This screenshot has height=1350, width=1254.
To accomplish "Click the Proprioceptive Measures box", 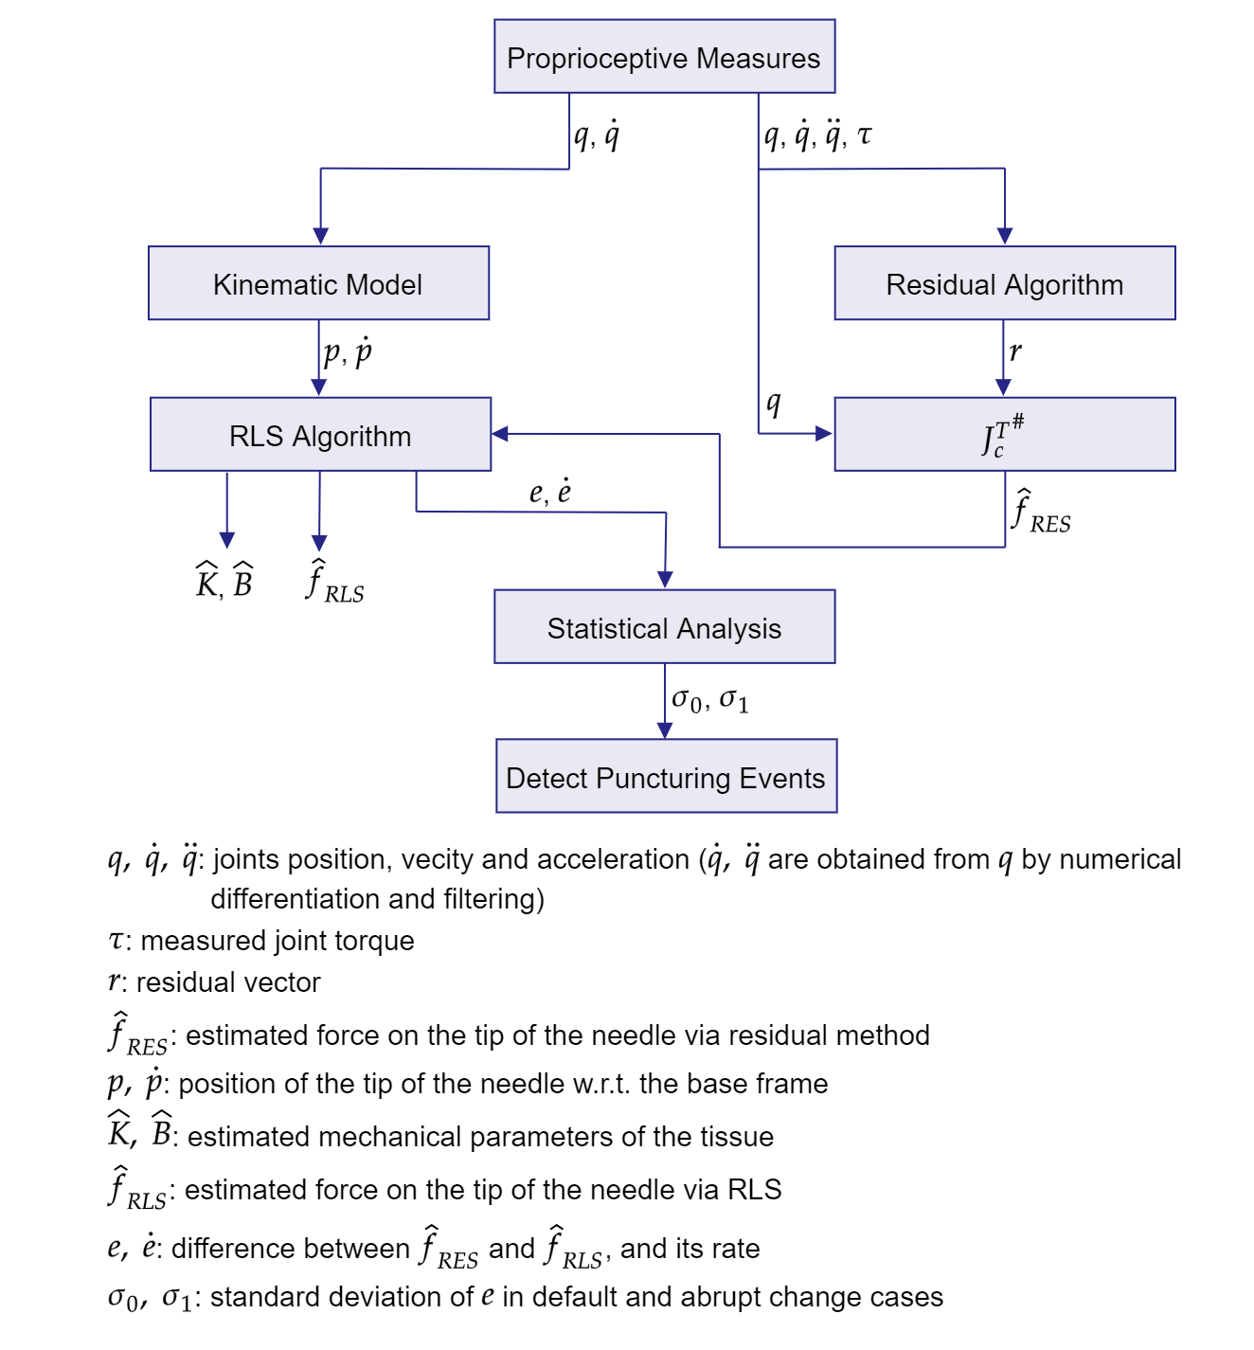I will coord(664,57).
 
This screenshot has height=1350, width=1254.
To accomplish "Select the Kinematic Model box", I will coord(318,283).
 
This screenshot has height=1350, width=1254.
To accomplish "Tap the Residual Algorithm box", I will coord(1004,283).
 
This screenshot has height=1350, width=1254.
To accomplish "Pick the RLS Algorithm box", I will coord(320,435).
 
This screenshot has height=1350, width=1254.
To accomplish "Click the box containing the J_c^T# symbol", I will coord(1004,435).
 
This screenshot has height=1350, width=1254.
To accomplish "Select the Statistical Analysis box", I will coord(664,627).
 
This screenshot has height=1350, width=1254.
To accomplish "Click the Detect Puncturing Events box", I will coord(666,777).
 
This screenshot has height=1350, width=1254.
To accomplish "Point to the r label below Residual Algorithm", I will coord(1015,352).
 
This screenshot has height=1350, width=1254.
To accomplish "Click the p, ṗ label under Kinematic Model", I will coord(348,353).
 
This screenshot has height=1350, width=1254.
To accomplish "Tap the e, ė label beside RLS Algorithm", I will coord(550,492).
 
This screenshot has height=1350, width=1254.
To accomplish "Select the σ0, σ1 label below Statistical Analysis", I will coord(710,700).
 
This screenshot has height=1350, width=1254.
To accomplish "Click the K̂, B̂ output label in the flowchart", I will coord(224,581).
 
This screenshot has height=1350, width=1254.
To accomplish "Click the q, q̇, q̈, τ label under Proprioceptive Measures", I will coord(817,135).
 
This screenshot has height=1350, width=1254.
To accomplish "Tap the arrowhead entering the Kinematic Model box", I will coord(321,236).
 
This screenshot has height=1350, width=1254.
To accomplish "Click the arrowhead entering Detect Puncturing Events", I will coord(665,730).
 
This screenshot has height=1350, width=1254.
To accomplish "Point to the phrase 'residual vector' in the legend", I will coord(228,982).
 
